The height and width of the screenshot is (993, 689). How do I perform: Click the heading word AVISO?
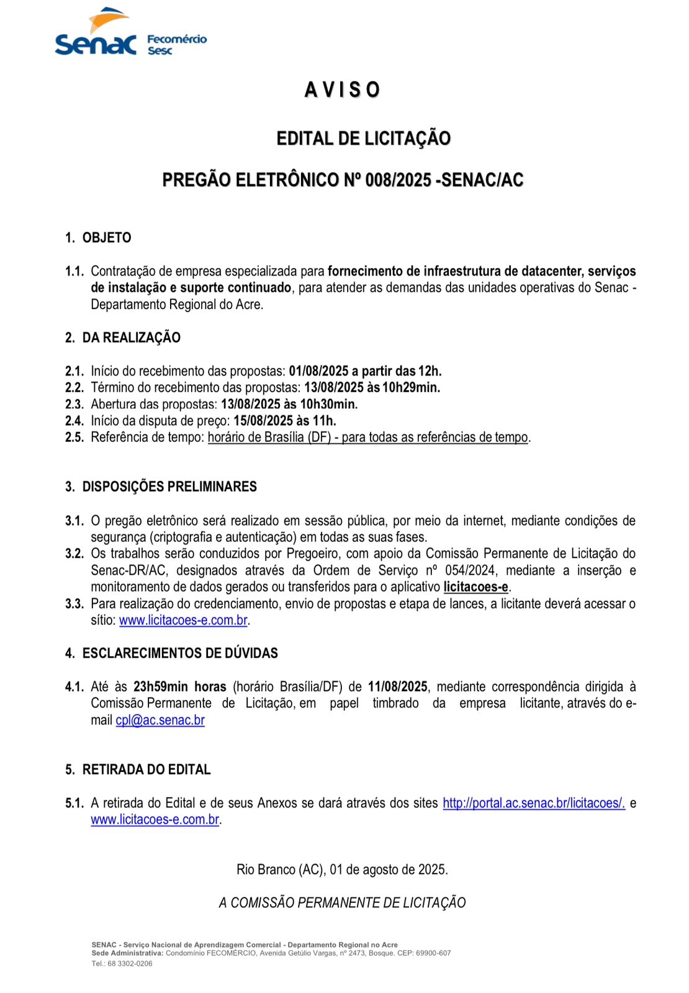coord(342,90)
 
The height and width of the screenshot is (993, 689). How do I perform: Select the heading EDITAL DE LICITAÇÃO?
coord(363,138)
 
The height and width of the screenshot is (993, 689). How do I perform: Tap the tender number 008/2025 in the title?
coord(398,180)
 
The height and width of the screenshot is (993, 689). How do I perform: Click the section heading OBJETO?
coord(107,238)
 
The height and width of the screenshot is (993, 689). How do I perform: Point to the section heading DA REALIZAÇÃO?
coord(131,338)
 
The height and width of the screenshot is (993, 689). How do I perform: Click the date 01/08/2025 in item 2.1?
coord(318,371)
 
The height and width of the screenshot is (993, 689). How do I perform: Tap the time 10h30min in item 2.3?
coord(329,404)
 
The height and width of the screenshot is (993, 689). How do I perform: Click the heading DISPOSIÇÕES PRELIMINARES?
coord(169,487)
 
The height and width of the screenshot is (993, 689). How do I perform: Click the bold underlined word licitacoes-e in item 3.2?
coord(475,587)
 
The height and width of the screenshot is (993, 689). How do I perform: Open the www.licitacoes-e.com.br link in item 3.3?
coord(183,620)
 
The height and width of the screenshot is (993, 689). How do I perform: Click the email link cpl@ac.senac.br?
coord(160,720)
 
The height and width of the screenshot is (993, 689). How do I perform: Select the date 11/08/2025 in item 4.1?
coord(397,686)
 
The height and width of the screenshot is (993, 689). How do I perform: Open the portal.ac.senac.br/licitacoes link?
coord(533,803)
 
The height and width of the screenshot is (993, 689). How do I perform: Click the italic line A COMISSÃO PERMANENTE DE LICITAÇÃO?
coord(342,903)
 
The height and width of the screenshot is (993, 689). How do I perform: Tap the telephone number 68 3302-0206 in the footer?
coord(130,964)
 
